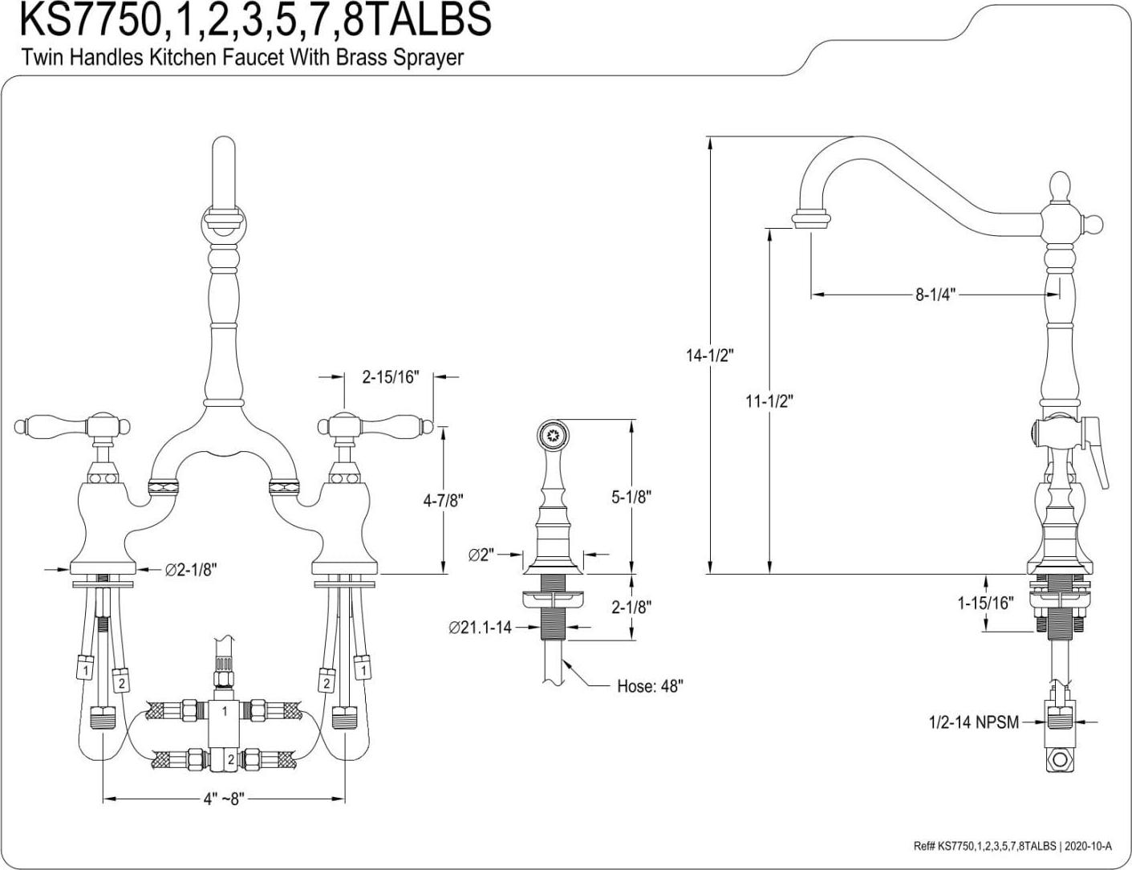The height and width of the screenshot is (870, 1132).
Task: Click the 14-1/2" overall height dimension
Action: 710,355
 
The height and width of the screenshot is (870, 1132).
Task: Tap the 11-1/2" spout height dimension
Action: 769,400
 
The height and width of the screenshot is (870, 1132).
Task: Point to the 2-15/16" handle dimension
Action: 391,376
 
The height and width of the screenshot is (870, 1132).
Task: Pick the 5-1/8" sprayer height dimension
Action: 631,497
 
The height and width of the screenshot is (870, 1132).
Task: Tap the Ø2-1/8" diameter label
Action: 191,569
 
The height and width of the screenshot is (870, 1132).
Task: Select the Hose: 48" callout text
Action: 650,686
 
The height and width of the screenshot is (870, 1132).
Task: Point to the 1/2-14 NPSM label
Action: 973,722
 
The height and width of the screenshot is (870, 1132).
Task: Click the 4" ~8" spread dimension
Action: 223,799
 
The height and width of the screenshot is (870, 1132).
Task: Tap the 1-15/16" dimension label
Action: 986,603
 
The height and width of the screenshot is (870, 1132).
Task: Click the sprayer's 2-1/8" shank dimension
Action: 631,607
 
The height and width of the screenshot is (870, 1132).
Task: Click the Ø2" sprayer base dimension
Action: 482,554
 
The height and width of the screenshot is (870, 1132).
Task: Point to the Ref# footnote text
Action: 1012,846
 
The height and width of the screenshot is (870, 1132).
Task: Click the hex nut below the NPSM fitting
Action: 1061,758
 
